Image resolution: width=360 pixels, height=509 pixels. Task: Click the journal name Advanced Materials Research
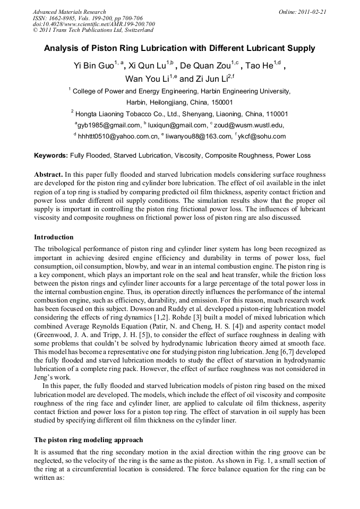coord(69,12)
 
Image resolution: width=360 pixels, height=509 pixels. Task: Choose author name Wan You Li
coord(142,79)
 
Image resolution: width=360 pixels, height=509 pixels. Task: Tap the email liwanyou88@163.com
coord(198,136)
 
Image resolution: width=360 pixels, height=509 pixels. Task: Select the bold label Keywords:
coord(51,156)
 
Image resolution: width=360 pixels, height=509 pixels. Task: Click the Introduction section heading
coord(54,237)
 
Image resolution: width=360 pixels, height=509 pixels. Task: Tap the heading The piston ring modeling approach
coord(88,440)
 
